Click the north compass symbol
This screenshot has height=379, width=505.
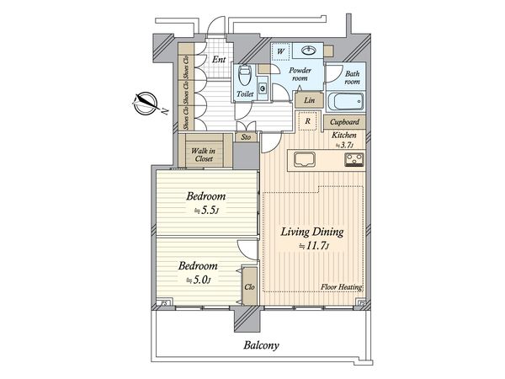tap(146, 104)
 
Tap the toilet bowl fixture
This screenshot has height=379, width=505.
tap(245, 76)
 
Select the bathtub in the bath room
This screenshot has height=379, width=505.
tap(345, 101)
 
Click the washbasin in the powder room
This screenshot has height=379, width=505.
tap(309, 50)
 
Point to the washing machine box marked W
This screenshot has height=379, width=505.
tap(281, 51)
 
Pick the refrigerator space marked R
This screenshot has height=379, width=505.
tap(307, 121)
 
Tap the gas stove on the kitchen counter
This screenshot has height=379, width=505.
tap(354, 160)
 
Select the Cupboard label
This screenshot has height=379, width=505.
tap(344, 122)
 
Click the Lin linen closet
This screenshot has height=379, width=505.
tap(309, 100)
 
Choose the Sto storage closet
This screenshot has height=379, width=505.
tap(246, 137)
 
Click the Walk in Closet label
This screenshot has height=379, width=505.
tap(204, 155)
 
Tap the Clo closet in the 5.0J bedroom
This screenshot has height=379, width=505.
tap(249, 286)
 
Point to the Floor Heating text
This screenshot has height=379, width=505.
tap(342, 287)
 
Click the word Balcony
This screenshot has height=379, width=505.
tap(261, 345)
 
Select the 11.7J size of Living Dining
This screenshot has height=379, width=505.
tap(314, 246)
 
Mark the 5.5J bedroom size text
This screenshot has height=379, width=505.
tap(206, 211)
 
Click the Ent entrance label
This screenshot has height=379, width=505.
tap(219, 60)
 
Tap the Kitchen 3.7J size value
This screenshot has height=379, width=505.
tap(344, 145)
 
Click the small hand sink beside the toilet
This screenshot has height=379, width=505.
tap(263, 88)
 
